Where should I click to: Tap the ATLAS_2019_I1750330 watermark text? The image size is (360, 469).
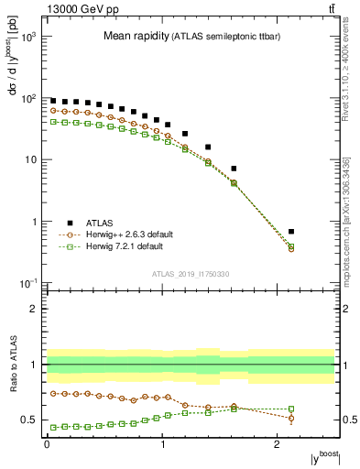tap(191, 274)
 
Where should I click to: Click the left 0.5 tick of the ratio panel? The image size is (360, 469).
tap(34, 420)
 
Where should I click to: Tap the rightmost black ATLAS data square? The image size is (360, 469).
tap(317, 232)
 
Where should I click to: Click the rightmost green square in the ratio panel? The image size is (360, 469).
tap(317, 409)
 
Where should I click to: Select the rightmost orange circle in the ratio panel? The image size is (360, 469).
tap(317, 419)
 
